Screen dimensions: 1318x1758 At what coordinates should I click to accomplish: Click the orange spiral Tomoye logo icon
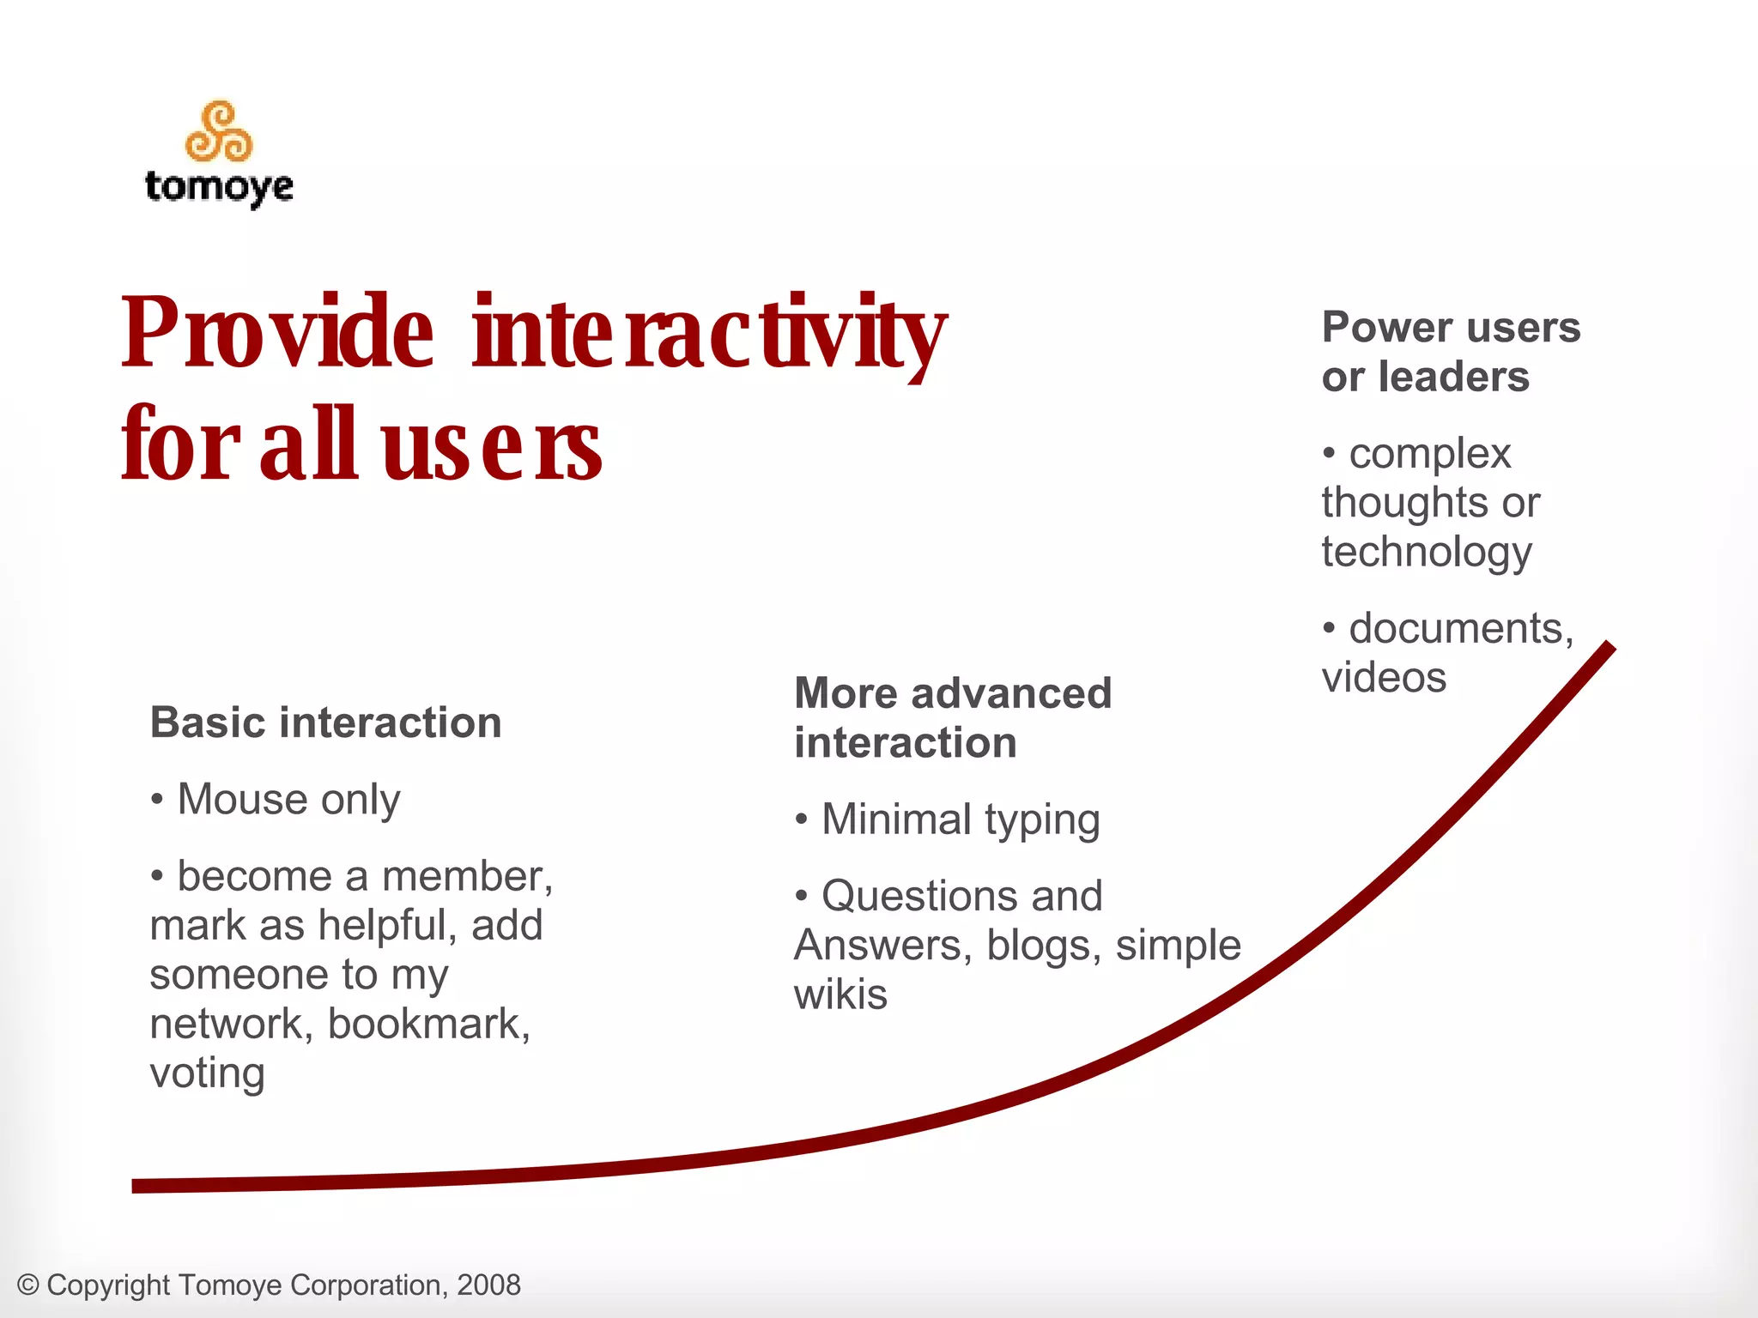pos(219,132)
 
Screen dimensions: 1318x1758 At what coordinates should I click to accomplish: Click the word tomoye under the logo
pos(219,187)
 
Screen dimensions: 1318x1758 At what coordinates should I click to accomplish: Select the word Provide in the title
pos(277,333)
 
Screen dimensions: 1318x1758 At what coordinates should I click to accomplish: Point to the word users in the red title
pos(491,446)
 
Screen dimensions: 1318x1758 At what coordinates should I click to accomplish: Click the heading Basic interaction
pos(325,722)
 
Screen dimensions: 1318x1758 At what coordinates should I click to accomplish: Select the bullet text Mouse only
pos(288,800)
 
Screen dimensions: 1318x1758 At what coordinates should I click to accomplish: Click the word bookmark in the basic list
pos(428,1024)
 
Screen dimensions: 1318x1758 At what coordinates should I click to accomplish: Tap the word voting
pos(207,1073)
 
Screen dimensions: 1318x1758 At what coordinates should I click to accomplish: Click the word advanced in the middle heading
pos(1010,693)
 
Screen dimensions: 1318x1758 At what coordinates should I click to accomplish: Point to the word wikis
pos(840,995)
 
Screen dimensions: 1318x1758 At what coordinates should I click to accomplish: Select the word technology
pos(1426,552)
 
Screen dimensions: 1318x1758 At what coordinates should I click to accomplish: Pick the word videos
pos(1384,678)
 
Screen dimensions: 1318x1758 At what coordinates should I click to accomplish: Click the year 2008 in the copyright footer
pos(488,1285)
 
